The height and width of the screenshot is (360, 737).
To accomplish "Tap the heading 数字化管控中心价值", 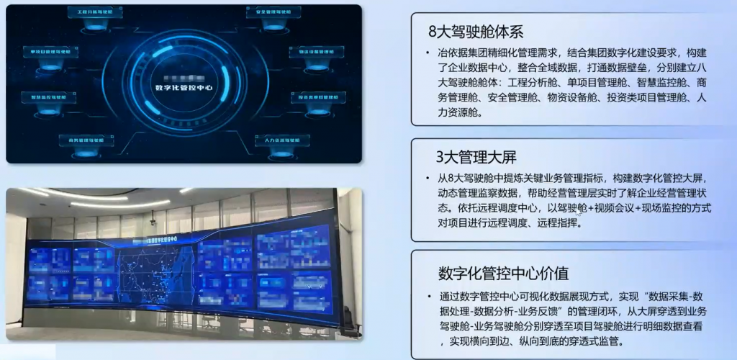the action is [x=503, y=273].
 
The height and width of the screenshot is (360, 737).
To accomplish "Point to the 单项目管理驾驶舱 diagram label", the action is [x=50, y=52].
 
